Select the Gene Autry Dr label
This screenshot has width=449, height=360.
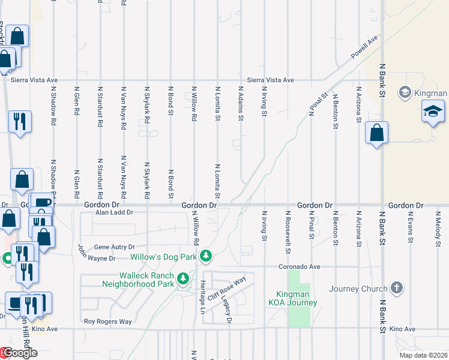(116, 247)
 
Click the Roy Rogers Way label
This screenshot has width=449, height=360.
(107, 322)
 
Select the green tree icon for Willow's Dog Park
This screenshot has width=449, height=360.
(206, 256)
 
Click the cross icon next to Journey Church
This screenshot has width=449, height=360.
(396, 289)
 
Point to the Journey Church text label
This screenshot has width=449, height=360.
(358, 289)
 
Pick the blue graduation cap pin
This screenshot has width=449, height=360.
(433, 112)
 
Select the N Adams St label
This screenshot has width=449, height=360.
(240, 103)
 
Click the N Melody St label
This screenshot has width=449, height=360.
(436, 229)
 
